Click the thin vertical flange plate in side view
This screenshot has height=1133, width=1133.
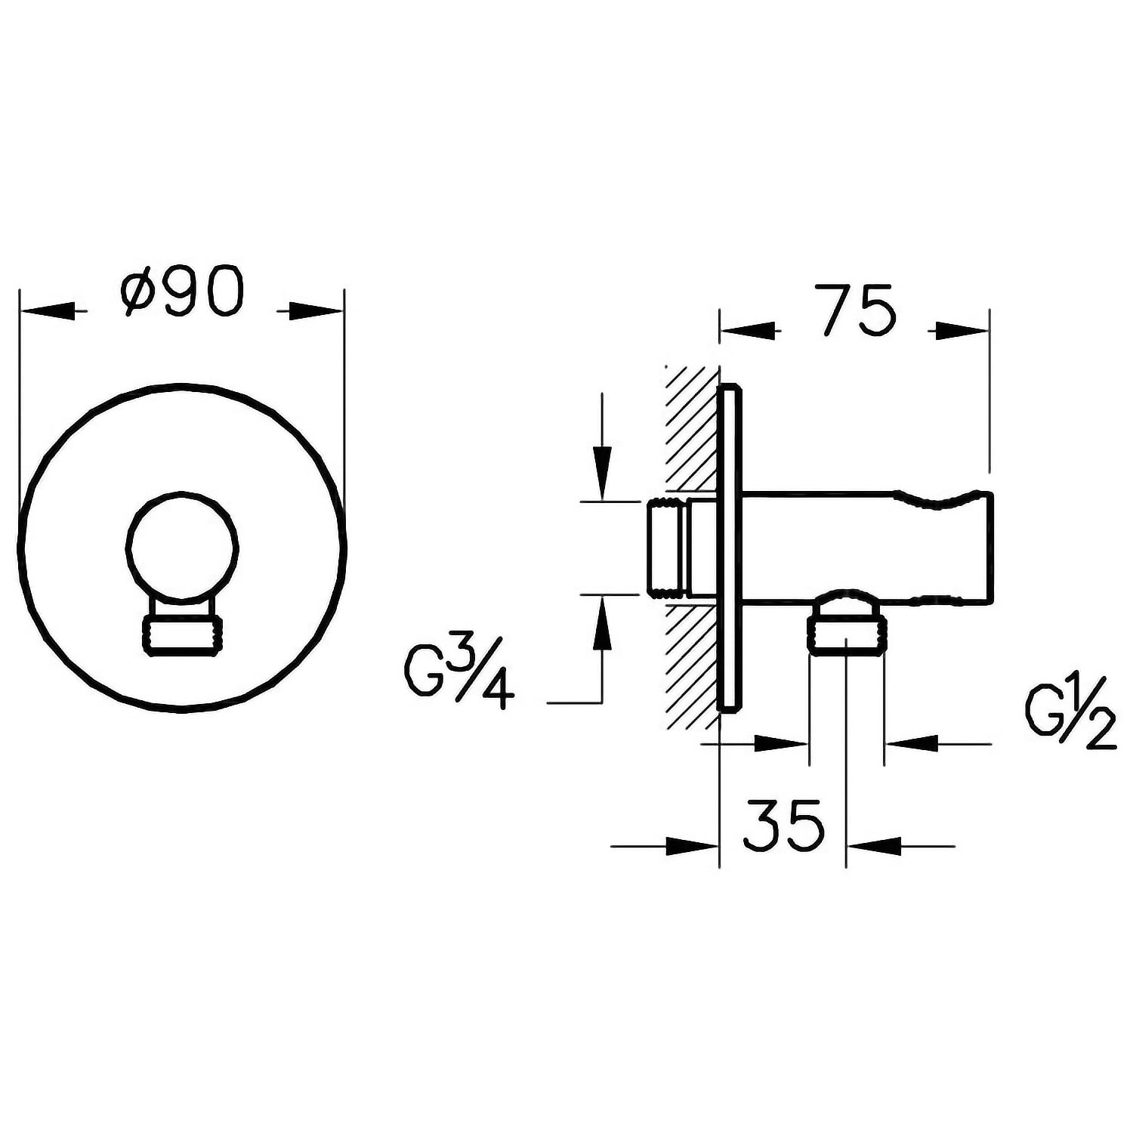tap(730, 549)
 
